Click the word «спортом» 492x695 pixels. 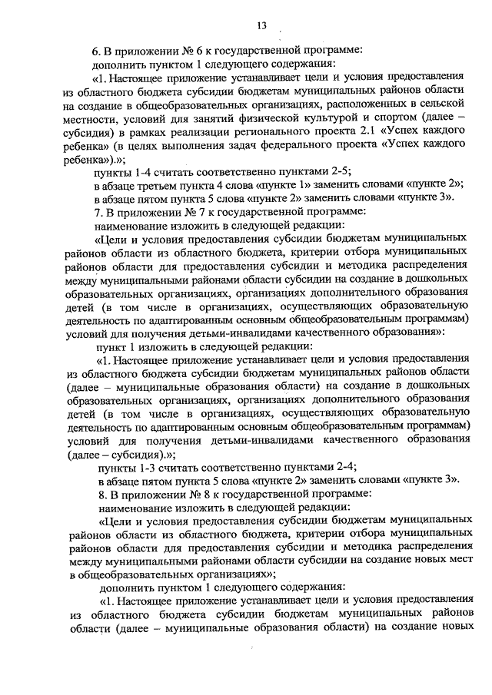[403, 119]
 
